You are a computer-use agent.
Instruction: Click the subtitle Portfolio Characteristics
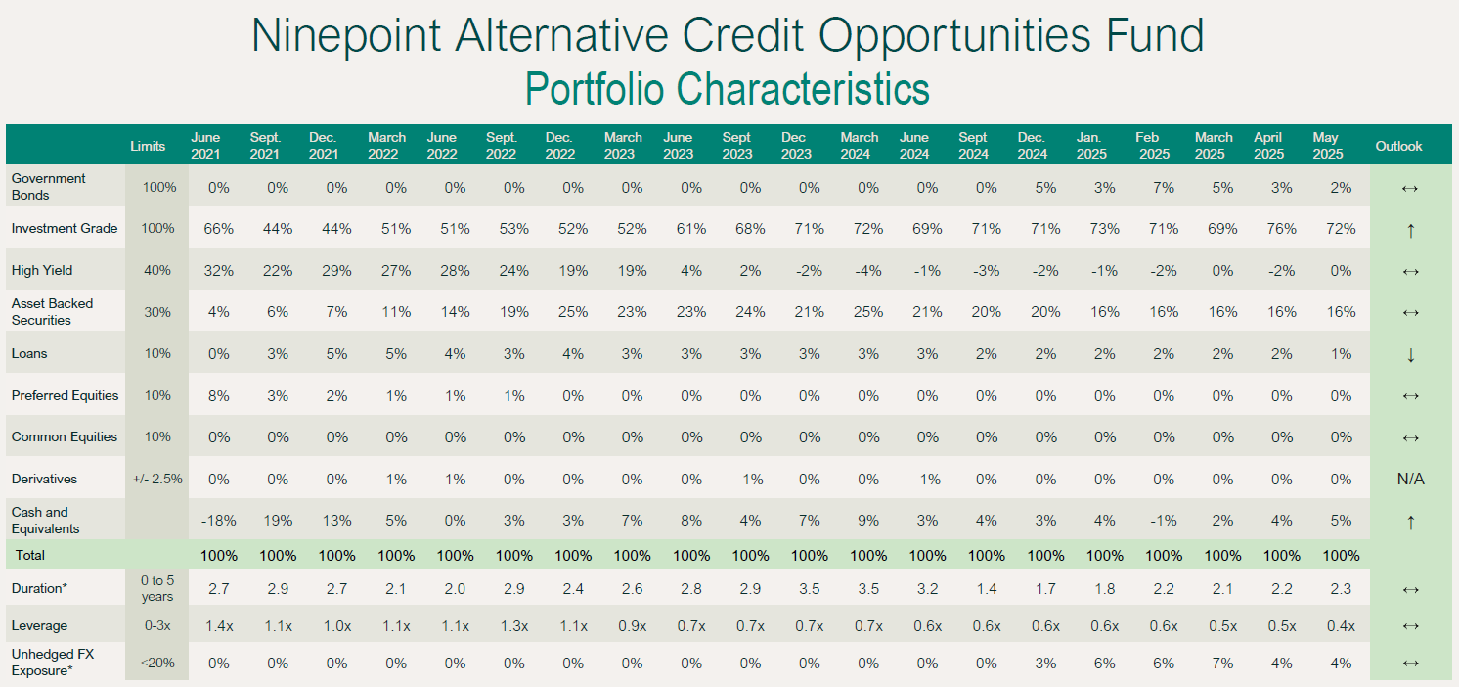point(727,88)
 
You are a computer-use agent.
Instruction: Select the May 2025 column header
point(1326,145)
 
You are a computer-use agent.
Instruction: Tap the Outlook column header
point(1398,146)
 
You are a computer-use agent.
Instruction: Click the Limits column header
point(148,146)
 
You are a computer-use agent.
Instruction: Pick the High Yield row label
point(42,270)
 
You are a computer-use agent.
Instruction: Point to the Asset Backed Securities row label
point(53,312)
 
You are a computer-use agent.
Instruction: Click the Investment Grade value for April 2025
point(1281,229)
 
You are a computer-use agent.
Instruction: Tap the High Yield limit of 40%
point(157,271)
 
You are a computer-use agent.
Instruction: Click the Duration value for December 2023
point(809,589)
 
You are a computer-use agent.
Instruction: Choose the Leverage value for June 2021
point(219,625)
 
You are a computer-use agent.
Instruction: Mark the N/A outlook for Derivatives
point(1410,480)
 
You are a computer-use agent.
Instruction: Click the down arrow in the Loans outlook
point(1410,354)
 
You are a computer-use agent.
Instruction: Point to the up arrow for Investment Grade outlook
point(1410,230)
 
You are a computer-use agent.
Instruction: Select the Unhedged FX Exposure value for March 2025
point(1222,663)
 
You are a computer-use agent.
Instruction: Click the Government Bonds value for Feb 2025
point(1164,187)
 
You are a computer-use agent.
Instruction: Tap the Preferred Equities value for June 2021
point(219,396)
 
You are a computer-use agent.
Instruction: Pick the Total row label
point(28,555)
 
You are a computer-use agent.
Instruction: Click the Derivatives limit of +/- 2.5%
point(157,480)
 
